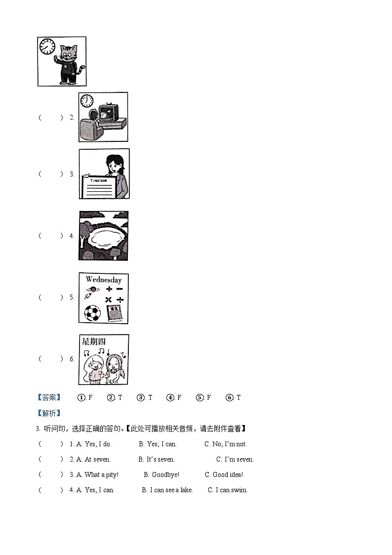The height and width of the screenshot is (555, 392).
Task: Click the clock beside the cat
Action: click(x=47, y=47)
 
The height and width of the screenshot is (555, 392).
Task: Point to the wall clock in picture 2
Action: click(x=87, y=101)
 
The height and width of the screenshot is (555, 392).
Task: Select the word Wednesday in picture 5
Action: click(x=104, y=280)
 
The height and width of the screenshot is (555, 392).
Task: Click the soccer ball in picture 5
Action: click(x=92, y=312)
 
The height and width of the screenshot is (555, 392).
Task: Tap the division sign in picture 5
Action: click(x=120, y=300)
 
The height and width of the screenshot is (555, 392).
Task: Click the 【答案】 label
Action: click(x=49, y=397)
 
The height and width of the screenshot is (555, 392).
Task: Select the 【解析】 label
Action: click(x=49, y=413)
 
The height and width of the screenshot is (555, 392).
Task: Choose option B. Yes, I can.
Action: click(x=157, y=444)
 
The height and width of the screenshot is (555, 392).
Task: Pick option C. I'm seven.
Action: click(x=235, y=459)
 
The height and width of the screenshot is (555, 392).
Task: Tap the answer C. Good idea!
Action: click(x=224, y=474)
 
